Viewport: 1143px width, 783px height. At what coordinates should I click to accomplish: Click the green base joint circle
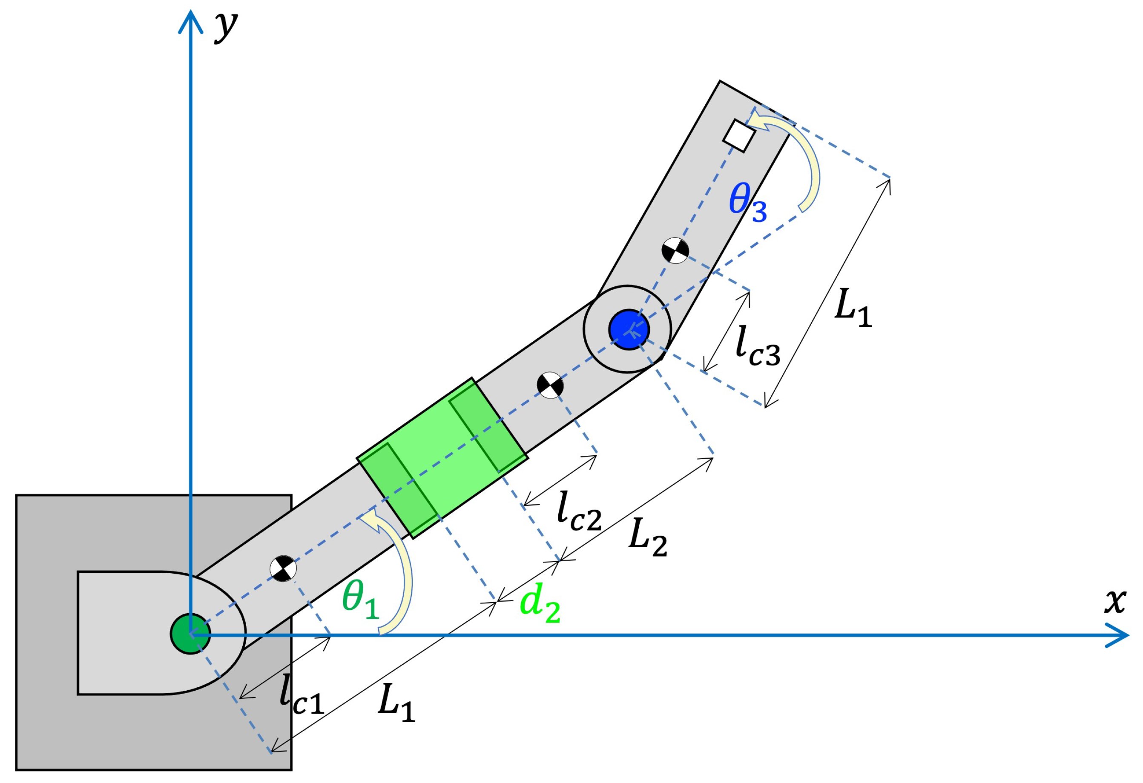coord(190,634)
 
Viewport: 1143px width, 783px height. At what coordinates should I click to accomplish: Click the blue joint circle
coord(629,329)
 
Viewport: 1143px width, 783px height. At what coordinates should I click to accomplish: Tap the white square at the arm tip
coord(739,135)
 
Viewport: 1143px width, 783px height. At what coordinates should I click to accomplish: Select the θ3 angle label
coord(747,202)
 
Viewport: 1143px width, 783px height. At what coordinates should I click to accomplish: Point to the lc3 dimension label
coord(758,346)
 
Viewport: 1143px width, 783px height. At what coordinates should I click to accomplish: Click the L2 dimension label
coord(647,538)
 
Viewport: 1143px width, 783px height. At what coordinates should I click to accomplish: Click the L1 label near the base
coord(396,703)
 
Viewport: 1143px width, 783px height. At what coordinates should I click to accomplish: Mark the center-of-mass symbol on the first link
coord(283,569)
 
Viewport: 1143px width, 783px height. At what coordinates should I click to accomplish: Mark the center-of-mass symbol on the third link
coord(675,251)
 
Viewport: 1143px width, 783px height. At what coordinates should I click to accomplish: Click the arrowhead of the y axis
coord(190,20)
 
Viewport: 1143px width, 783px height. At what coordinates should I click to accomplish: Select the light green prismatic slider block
coord(442,457)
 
